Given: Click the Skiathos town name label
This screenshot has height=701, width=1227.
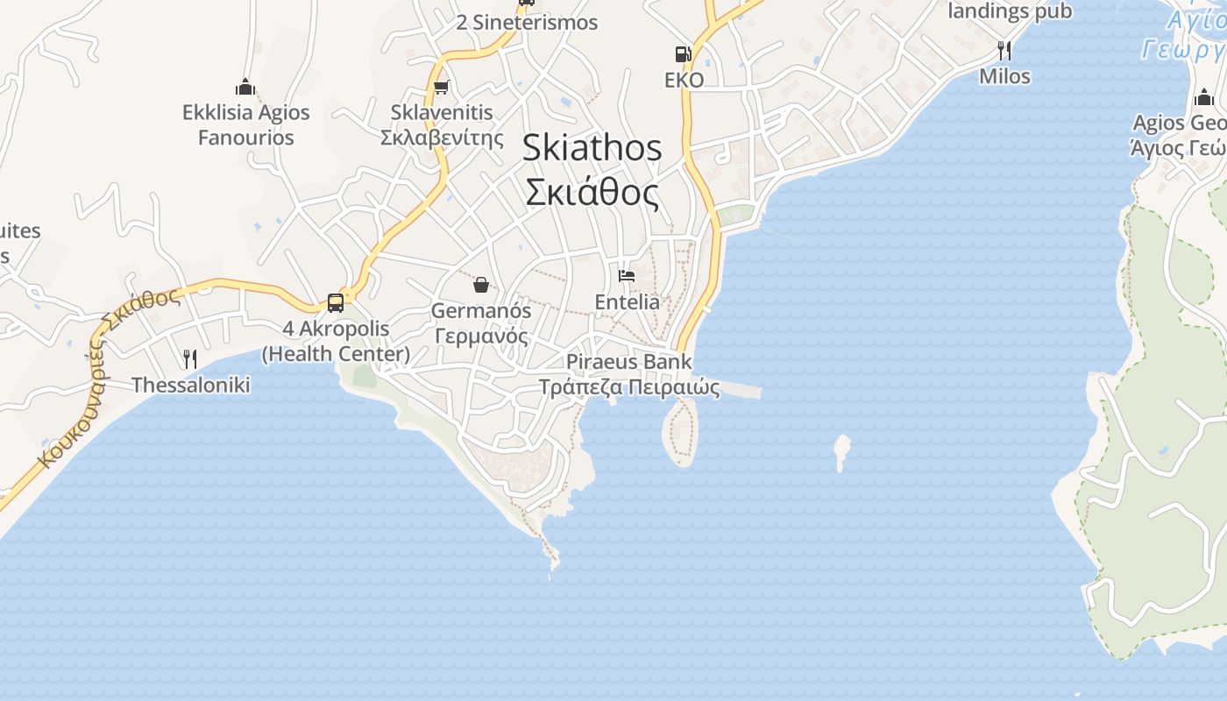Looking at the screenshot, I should tap(592, 147).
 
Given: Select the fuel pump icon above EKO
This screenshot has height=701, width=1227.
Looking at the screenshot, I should tap(683, 54).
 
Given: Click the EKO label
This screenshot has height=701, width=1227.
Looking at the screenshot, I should tap(684, 80).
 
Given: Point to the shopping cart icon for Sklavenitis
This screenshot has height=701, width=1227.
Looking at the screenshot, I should tap(442, 87).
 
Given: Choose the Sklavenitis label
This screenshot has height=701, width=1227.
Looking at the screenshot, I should tap(443, 112).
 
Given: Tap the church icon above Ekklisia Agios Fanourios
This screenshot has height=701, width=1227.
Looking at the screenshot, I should tap(245, 87).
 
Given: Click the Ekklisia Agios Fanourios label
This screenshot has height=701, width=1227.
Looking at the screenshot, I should tap(245, 124).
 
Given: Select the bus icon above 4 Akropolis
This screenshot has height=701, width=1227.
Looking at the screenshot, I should tap(335, 303).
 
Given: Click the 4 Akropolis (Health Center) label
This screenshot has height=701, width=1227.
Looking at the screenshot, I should tap(336, 341).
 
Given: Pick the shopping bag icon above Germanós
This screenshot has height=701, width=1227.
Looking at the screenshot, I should tap(480, 284).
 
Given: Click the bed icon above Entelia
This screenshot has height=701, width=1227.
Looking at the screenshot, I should tap(627, 276).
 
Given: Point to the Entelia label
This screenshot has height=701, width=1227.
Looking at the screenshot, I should tap(627, 301).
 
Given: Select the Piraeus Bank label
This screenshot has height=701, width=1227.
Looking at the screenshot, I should tap(628, 361).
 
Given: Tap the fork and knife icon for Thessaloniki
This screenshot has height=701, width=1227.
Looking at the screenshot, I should tap(189, 358).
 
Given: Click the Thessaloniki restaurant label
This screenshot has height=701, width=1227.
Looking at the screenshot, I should tap(190, 385).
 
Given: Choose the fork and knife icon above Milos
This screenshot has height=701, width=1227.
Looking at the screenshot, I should tap(1004, 50).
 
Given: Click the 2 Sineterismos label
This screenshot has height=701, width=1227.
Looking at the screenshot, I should tap(527, 23).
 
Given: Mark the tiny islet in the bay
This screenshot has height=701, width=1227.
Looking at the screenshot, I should tap(842, 449).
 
